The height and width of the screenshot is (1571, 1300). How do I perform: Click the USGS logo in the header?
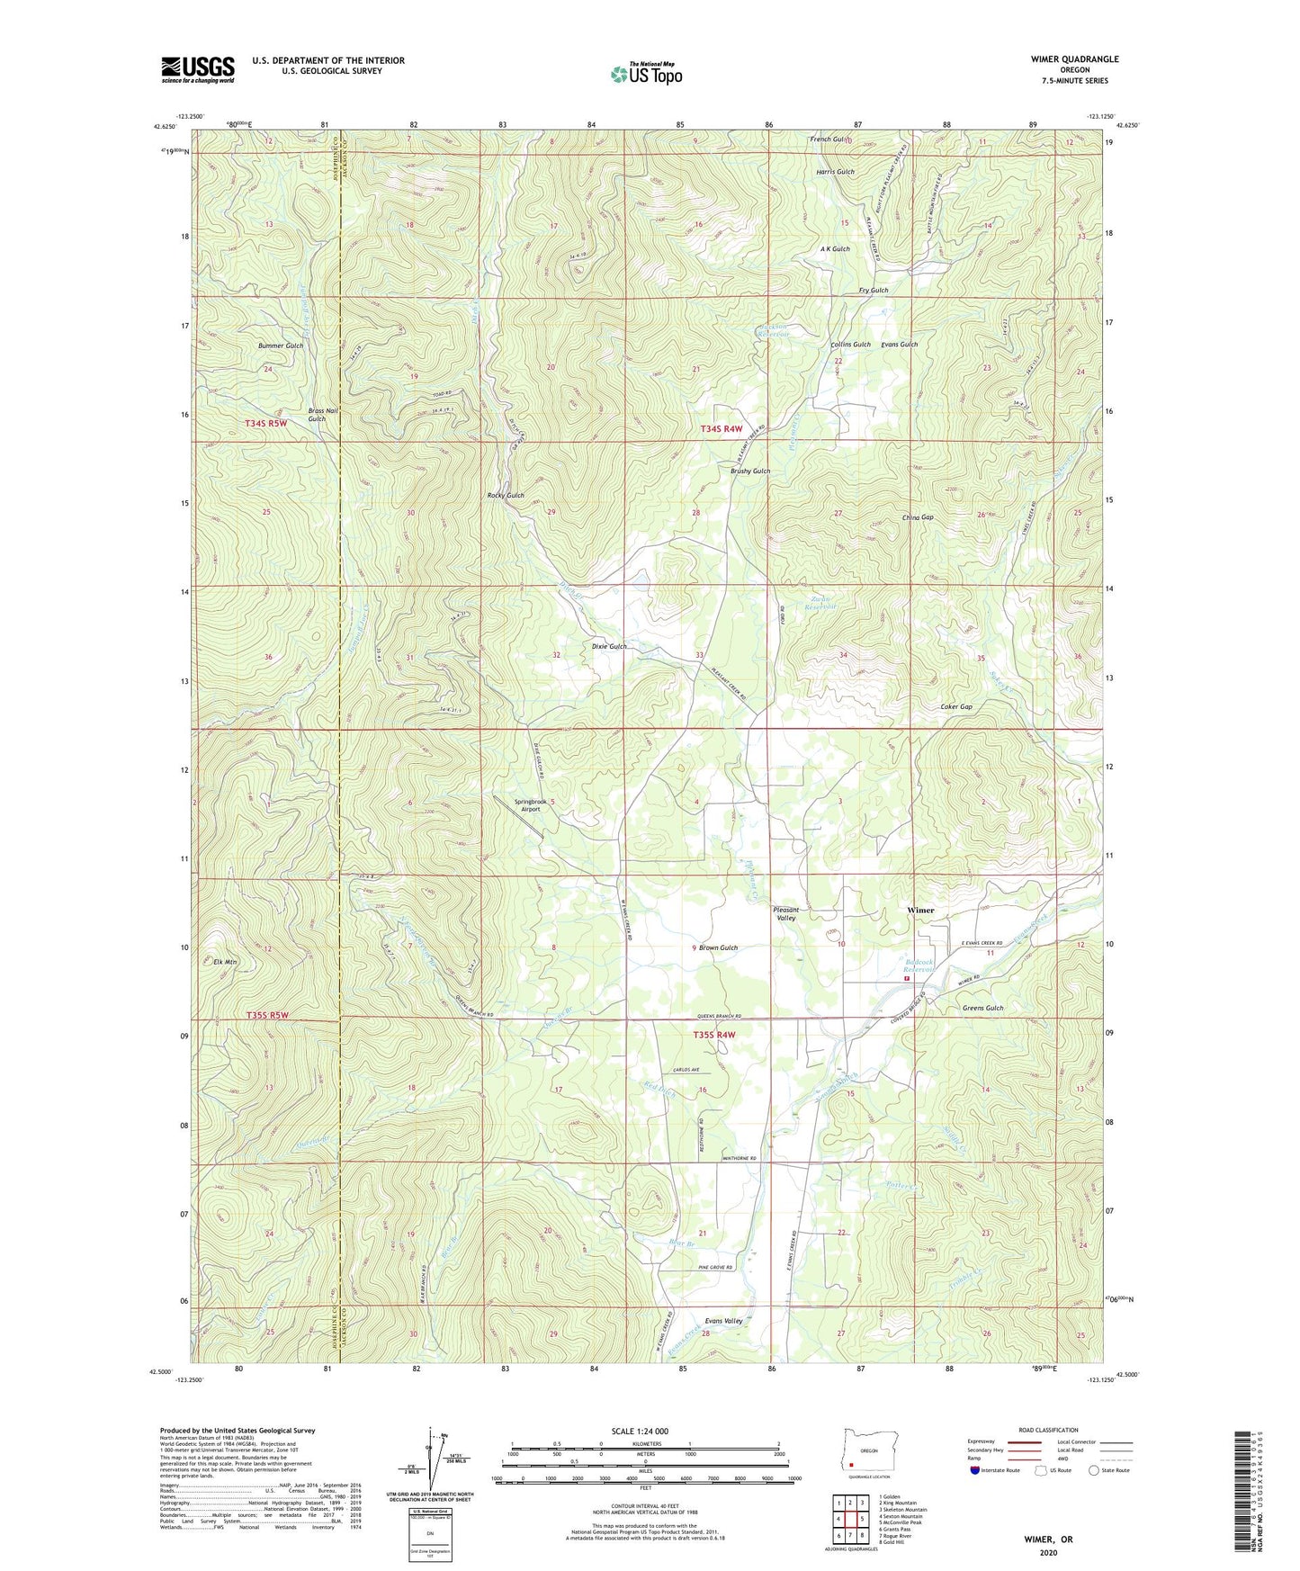tap(197, 69)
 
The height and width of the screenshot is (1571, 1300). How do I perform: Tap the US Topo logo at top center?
tap(645, 75)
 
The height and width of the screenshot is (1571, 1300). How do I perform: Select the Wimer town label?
tap(920, 910)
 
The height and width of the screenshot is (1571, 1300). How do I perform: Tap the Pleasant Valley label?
tap(786, 913)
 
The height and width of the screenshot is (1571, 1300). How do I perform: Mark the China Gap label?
tap(918, 517)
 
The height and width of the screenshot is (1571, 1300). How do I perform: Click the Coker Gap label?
tap(955, 706)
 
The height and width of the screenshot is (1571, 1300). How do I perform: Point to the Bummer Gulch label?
tap(281, 346)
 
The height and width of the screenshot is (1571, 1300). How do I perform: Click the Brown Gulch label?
tap(718, 947)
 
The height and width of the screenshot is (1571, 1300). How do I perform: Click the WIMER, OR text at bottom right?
tap(1048, 1540)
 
